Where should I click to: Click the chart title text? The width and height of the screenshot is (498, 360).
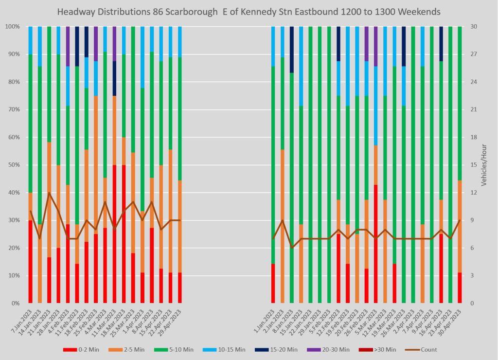249,11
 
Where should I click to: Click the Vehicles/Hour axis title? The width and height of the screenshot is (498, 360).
484,165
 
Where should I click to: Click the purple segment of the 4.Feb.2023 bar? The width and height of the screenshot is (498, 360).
68,46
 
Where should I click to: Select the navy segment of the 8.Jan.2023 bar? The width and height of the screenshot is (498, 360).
292,49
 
